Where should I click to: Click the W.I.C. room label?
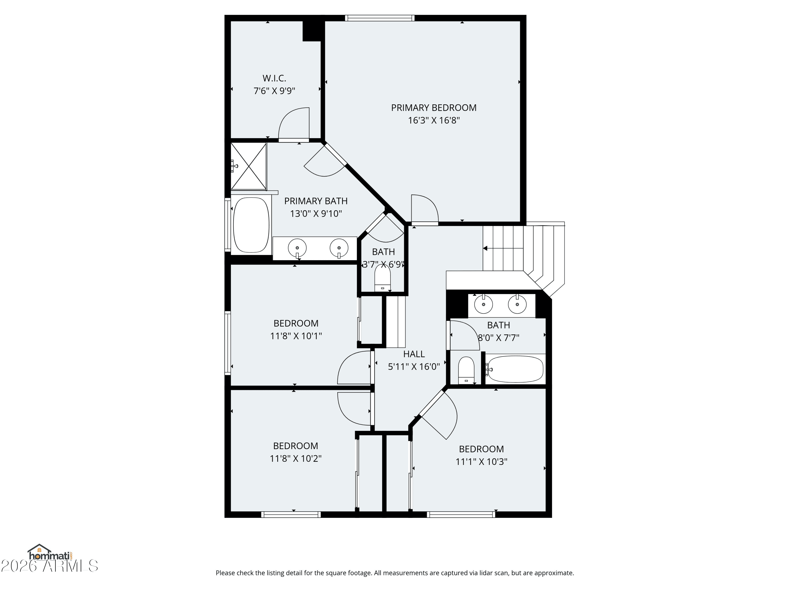274,78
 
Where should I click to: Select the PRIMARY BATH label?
316,201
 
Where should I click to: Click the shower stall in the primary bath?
249,166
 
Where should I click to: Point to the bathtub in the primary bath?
251,225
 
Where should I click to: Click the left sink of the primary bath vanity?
297,247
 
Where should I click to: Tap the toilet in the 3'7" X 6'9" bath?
383,278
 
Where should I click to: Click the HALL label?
414,354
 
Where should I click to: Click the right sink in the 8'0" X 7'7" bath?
517,305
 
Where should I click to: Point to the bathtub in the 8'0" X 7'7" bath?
515,369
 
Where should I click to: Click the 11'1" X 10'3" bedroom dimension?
481,461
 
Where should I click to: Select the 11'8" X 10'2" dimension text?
295,458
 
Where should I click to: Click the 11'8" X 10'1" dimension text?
296,336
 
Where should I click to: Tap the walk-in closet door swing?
294,123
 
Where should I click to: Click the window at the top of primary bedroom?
380,18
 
